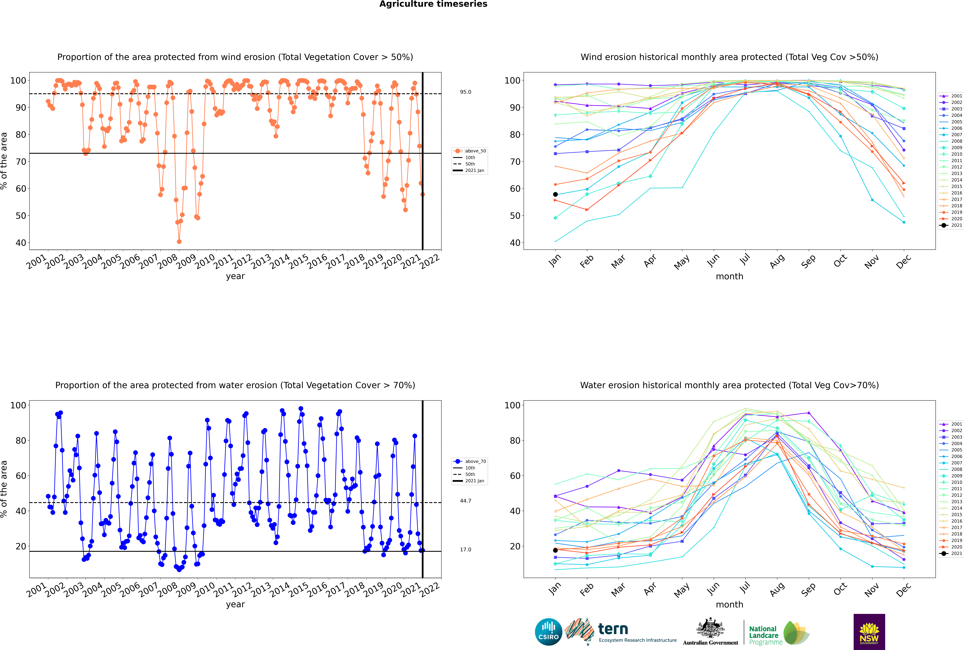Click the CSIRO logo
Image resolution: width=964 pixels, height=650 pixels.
pyautogui.click(x=548, y=632)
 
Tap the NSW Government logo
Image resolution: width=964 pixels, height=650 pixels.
pyautogui.click(x=869, y=632)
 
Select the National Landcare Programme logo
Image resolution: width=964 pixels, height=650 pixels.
pyautogui.click(x=779, y=633)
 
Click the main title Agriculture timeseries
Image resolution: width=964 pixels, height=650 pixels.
pyautogui.click(x=433, y=4)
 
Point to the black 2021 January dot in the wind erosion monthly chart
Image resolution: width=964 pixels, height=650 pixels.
pyautogui.click(x=555, y=194)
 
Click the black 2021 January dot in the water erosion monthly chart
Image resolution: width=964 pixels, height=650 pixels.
pyautogui.click(x=555, y=550)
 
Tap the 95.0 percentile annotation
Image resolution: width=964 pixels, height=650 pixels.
pyautogui.click(x=465, y=92)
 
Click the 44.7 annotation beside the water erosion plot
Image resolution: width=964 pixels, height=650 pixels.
pyautogui.click(x=465, y=501)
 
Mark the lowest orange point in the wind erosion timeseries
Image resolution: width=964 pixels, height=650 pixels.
pyautogui.click(x=179, y=242)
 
